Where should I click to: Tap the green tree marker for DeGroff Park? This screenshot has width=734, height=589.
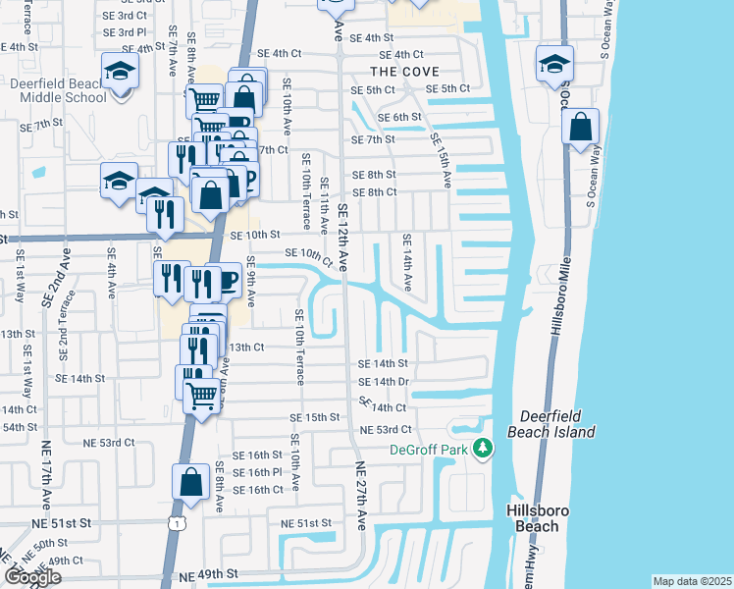482,449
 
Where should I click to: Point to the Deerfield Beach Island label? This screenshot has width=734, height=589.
551,424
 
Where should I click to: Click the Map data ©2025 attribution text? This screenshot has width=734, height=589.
692,581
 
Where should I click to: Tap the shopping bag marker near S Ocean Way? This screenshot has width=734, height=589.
581,127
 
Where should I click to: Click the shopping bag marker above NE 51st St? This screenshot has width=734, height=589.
190,484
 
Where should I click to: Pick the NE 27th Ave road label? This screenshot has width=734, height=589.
360,497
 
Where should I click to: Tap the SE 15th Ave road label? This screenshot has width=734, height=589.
439,158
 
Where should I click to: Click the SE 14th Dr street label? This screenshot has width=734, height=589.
384,381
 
